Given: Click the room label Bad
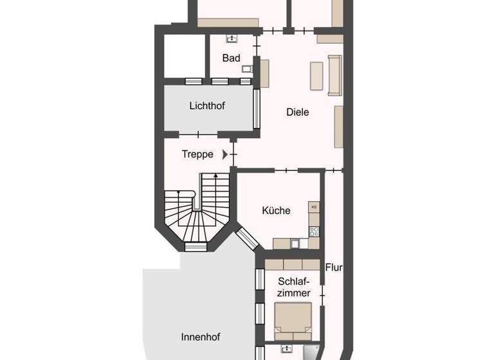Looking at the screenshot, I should [231, 58].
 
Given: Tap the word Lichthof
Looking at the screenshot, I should [207, 105].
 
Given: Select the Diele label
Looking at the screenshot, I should [298, 112].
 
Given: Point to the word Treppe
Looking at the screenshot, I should [197, 154].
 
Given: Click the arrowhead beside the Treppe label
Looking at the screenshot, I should [225, 154].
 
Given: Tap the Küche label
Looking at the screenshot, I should [276, 210].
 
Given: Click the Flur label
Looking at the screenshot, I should [333, 267].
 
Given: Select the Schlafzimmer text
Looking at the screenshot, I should [294, 287].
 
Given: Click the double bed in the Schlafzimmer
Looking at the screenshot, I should [293, 320].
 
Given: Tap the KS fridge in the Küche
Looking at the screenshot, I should [314, 207].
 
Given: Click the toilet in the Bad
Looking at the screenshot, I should [246, 67].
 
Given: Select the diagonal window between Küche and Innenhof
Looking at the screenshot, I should [246, 239].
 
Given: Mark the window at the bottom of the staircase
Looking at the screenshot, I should [196, 246].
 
